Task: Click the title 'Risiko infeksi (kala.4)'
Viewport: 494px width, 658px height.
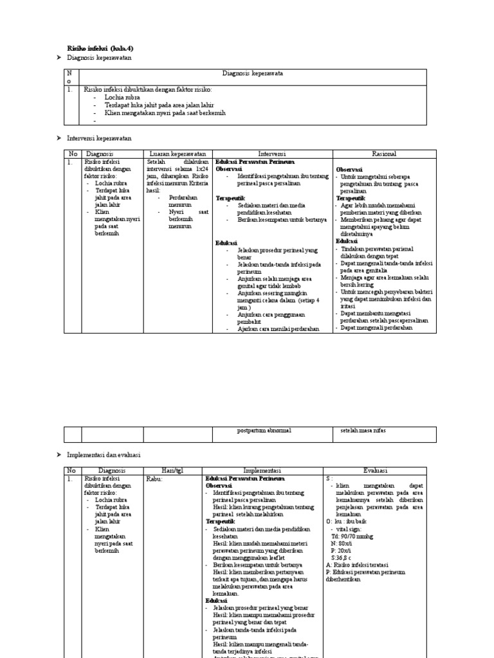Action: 100,48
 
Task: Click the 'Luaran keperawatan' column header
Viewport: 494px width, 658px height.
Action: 178,154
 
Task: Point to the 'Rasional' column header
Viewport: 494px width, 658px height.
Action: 384,154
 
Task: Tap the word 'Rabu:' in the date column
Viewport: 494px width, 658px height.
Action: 154,479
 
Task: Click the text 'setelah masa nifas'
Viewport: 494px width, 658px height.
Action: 362,431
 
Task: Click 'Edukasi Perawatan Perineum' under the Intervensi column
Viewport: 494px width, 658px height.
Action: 253,162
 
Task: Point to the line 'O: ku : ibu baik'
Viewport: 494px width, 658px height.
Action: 349,520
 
